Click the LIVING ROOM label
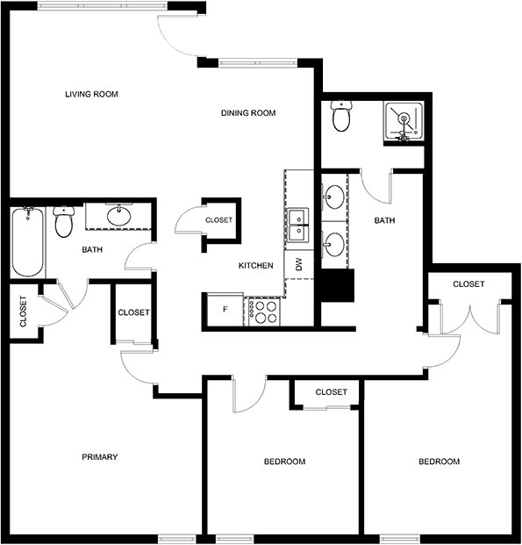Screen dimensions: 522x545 click(92, 94)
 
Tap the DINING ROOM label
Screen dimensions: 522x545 click(248, 113)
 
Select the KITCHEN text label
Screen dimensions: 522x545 click(256, 266)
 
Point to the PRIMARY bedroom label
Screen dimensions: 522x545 click(100, 456)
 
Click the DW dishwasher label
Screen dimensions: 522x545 click(299, 264)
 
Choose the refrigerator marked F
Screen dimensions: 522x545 click(225, 309)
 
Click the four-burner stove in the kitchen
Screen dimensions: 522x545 click(264, 312)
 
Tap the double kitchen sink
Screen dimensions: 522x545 click(297, 225)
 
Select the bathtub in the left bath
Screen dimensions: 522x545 click(28, 242)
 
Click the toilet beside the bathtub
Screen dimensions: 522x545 click(64, 221)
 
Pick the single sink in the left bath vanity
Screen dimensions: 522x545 click(119, 216)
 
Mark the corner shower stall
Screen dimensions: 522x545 click(404, 121)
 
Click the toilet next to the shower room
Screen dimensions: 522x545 click(341, 116)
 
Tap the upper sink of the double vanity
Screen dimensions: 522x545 click(334, 197)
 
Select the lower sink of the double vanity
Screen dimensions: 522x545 click(334, 245)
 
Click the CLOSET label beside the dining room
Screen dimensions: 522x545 click(219, 220)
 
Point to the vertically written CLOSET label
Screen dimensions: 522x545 click(24, 312)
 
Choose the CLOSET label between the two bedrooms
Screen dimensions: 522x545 click(332, 392)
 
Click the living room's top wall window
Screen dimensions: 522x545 click(103, 6)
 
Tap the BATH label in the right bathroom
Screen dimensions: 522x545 click(385, 220)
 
